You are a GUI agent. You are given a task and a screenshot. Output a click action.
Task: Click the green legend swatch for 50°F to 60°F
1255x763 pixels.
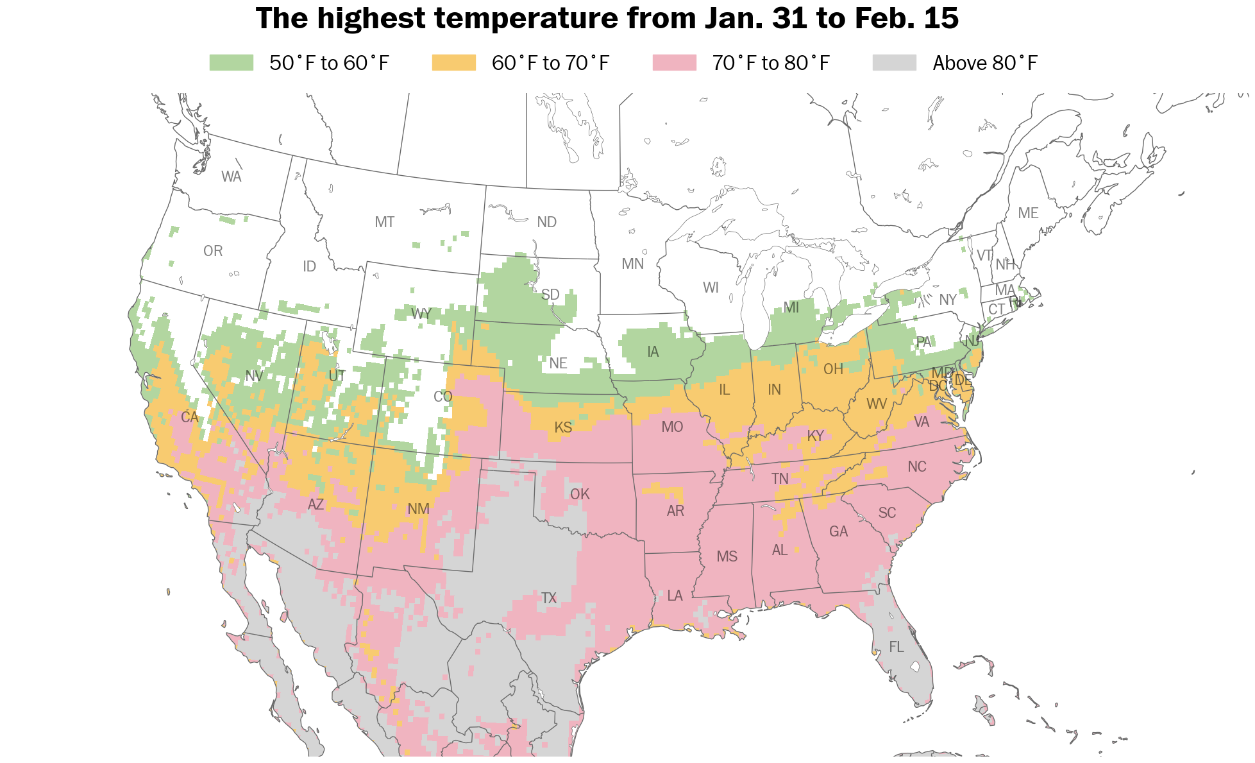coord(232,63)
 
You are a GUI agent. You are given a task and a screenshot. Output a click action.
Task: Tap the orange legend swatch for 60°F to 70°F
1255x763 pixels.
coord(454,63)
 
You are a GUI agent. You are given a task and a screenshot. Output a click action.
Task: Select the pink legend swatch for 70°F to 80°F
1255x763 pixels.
coord(675,63)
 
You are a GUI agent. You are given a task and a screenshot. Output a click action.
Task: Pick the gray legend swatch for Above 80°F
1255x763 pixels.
coord(895,63)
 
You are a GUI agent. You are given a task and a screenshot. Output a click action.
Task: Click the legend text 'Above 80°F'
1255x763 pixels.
coord(985,63)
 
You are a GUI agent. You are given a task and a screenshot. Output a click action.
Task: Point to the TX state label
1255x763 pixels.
coord(549,598)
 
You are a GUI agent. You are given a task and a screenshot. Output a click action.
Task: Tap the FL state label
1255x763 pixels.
coord(897,647)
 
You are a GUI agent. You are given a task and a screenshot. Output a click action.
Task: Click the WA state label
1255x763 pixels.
coord(232,176)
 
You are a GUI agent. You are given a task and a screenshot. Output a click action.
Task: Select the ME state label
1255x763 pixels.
coord(1028,213)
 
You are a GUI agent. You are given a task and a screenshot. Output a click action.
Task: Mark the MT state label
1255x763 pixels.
coord(385,222)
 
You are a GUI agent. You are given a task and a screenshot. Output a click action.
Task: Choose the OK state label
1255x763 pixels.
coord(580,494)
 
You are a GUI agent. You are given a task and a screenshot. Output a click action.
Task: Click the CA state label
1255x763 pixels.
coord(190,418)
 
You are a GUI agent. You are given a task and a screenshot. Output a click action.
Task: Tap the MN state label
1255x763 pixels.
coord(633,264)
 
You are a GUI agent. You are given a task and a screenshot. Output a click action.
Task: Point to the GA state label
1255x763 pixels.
coord(838,531)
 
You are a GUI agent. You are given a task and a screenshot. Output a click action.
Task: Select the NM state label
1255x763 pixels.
coord(419,509)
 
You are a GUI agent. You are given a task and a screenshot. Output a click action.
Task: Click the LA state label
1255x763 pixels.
coord(675,596)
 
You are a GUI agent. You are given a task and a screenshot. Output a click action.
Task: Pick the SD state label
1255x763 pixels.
coord(550,295)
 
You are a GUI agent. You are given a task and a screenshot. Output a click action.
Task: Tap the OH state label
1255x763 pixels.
coord(833,369)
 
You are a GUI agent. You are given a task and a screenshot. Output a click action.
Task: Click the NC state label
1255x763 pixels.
coord(917,467)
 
